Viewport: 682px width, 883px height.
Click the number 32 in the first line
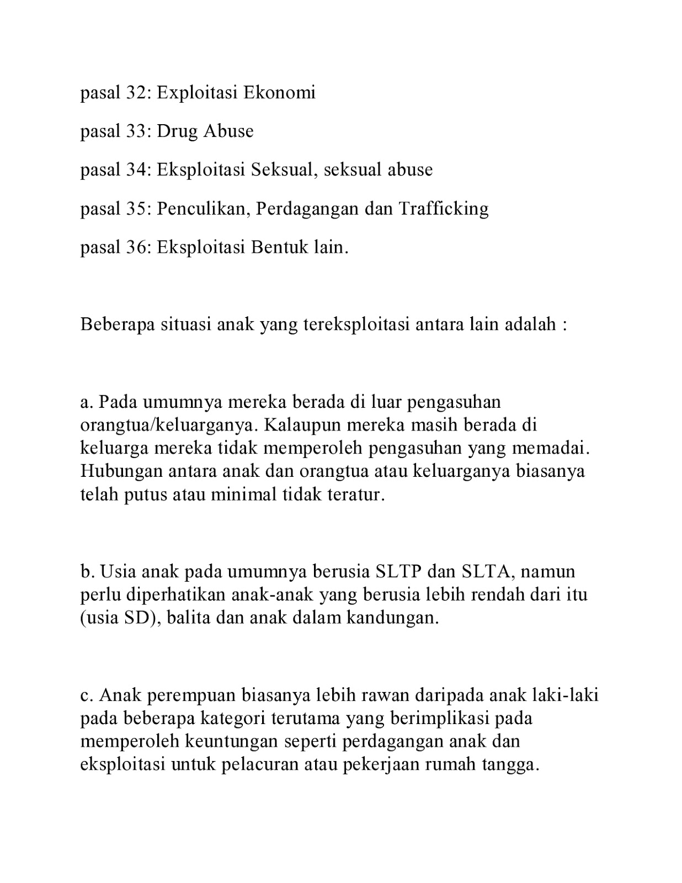(x=136, y=92)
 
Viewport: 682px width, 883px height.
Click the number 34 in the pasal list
(x=136, y=169)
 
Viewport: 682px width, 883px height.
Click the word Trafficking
(x=443, y=209)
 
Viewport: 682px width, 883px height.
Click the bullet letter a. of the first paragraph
(x=87, y=402)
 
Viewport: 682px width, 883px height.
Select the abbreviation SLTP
(x=398, y=571)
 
